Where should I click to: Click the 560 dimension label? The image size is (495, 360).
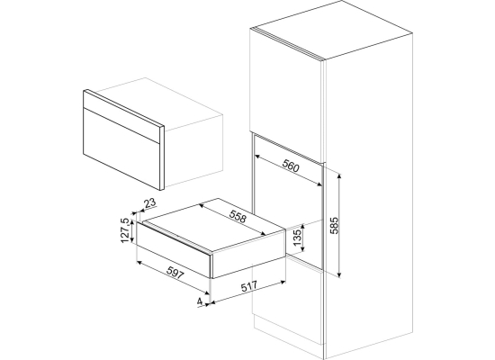[x=291, y=166]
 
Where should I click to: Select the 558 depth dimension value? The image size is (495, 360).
[x=238, y=217]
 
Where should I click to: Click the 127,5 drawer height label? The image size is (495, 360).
[x=125, y=230]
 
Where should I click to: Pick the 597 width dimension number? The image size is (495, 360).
[x=175, y=273]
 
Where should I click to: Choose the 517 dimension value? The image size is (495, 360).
[x=249, y=286]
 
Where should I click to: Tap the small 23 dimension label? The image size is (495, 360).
[x=150, y=202]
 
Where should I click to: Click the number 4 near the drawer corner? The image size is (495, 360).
[x=200, y=301]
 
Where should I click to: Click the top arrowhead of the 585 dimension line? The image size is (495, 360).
[x=339, y=175]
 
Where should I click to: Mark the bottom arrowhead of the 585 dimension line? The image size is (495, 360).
[x=339, y=276]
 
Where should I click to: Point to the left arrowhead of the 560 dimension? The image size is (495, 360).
[x=256, y=156]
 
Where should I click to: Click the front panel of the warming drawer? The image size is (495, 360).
[x=173, y=249]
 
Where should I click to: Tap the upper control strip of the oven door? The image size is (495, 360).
[x=124, y=116]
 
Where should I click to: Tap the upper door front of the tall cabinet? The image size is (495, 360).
[x=285, y=94]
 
